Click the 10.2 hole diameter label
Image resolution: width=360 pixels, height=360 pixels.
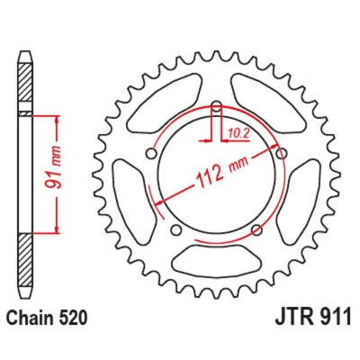point(238,133)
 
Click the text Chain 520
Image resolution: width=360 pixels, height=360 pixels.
point(47,318)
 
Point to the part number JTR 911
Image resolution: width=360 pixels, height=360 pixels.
point(313,317)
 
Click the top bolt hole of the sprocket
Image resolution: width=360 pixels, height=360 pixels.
point(216,105)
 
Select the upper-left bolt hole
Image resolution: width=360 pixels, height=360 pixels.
point(151,154)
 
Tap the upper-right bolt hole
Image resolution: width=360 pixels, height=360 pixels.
point(282,154)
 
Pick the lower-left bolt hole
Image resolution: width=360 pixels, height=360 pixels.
point(176,230)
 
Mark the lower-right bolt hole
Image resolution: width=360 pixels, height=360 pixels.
point(256,230)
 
